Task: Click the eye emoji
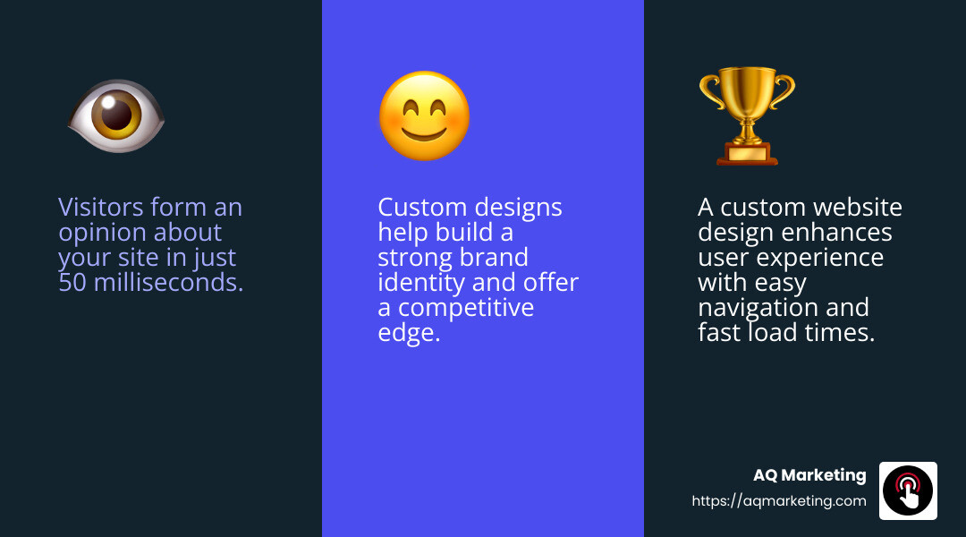(x=116, y=116)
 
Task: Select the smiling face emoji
(x=424, y=116)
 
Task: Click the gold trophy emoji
(x=747, y=116)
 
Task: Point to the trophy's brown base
(x=747, y=154)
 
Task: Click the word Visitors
(x=101, y=208)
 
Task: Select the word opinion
(x=102, y=234)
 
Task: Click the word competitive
(x=466, y=308)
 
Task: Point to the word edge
(x=409, y=334)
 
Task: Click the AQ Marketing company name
(x=809, y=475)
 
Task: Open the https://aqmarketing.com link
(x=779, y=501)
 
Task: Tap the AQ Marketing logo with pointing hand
(x=908, y=490)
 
